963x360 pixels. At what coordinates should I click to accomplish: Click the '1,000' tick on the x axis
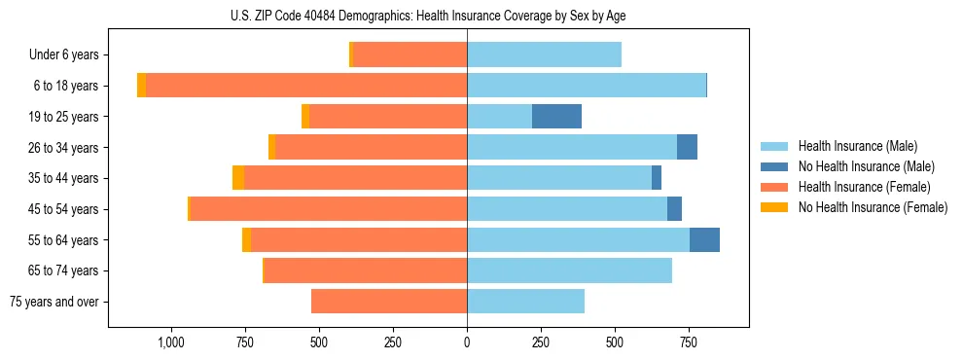coord(171,342)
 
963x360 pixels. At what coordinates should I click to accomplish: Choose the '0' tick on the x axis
coord(467,342)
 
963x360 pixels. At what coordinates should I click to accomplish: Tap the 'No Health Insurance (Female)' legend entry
coord(873,207)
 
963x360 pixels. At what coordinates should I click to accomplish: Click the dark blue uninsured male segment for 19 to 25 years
coord(556,117)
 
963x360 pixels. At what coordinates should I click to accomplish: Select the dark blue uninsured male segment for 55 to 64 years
coord(704,240)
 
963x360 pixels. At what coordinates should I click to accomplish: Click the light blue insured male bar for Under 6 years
coord(544,55)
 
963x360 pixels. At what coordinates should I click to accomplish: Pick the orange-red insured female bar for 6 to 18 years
coord(306,86)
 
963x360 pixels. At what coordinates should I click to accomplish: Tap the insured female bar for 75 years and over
coord(389,302)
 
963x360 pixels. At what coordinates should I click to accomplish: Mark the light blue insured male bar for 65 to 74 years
coord(569,270)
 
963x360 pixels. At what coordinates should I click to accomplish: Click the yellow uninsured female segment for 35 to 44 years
coord(238,178)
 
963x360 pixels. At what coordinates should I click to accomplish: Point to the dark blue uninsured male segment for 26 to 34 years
coord(687,148)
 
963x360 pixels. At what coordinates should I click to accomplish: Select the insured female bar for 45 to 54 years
coord(329,209)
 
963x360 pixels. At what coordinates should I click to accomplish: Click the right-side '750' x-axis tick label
coord(688,342)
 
